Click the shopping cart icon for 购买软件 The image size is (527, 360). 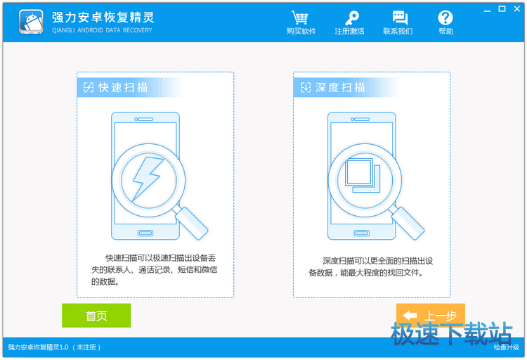300,18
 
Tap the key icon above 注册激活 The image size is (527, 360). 351,18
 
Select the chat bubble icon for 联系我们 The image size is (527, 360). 400,18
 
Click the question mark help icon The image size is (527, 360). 445,18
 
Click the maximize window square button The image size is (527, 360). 502,9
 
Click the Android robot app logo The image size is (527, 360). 31,22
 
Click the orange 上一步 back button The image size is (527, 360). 431,315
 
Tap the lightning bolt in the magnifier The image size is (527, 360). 148,179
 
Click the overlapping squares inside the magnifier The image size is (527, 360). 363,175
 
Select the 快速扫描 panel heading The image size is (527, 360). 116,87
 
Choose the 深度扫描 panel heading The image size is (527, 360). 333,87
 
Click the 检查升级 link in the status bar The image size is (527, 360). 506,347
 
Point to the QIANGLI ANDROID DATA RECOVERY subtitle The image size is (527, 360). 102,30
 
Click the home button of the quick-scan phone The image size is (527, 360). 145,233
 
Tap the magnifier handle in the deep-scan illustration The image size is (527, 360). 408,222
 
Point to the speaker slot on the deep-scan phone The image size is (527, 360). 360,119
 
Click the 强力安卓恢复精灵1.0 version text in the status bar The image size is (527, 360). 38,347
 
